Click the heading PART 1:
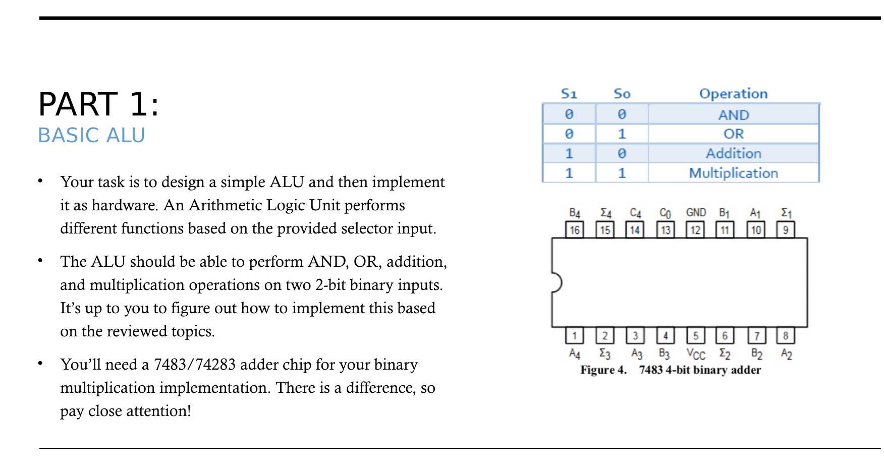tap(99, 104)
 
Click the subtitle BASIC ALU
tap(91, 135)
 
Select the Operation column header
tap(733, 94)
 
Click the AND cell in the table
tap(733, 115)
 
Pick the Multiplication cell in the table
tap(733, 173)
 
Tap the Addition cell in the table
tap(733, 153)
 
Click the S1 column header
tap(569, 94)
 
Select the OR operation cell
tap(733, 134)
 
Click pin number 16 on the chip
tap(574, 230)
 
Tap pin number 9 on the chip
tap(785, 230)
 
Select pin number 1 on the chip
tap(574, 335)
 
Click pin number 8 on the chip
tap(785, 335)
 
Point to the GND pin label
tap(695, 213)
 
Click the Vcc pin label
tap(695, 354)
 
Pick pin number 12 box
tap(695, 230)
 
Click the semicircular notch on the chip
tap(557, 282)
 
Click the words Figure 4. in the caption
tap(603, 370)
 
